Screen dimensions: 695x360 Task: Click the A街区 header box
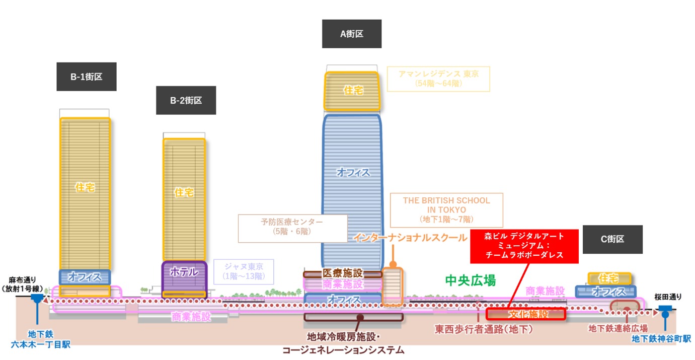coord(351,34)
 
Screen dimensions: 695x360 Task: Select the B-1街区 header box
coord(87,77)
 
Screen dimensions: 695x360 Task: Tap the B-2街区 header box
coord(186,100)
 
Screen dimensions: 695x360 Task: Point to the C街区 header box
coord(612,239)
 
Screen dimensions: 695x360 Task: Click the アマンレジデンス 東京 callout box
coord(438,79)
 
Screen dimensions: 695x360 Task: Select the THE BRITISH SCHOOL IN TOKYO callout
coord(446,209)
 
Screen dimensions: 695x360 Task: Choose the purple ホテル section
coord(184,272)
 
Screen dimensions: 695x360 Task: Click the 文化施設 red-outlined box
coord(525,314)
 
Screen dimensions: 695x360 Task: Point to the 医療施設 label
coord(342,273)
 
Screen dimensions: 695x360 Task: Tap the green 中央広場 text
coord(470,280)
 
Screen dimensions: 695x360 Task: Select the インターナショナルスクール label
coord(410,237)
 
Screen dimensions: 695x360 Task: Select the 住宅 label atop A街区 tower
coord(353,90)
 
